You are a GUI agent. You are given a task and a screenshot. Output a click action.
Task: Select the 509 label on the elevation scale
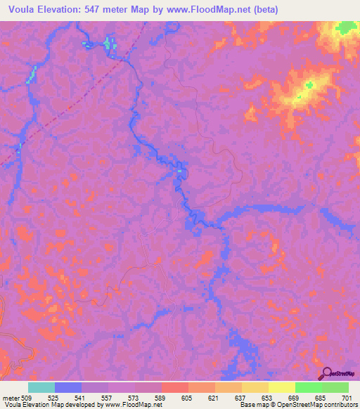27,398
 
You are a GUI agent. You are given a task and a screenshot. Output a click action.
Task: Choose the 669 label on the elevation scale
295,398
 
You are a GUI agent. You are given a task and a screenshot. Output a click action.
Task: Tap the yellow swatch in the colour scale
281,387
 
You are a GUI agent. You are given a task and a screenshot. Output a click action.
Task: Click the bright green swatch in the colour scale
308,387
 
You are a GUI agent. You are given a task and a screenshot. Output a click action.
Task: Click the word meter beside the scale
10,398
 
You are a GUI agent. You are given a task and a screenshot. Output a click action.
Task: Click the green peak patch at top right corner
345,28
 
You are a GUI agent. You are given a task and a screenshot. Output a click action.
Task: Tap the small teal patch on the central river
180,169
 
